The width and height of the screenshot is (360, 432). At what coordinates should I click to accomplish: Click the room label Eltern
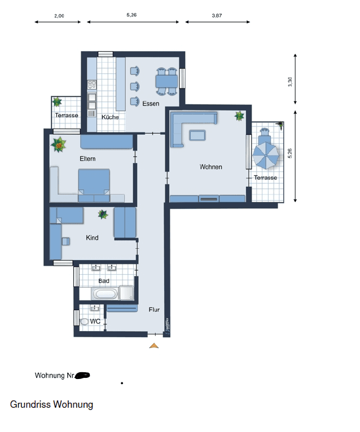[87, 158]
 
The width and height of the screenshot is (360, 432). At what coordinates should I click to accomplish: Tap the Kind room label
[92, 237]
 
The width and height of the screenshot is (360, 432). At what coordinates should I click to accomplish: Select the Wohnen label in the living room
[210, 167]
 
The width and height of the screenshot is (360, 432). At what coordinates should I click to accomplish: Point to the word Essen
[151, 104]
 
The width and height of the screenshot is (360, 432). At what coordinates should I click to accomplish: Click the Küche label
[110, 117]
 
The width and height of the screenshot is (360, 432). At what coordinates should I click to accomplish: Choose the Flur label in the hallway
[154, 310]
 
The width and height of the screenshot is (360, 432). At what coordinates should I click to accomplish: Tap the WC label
[95, 321]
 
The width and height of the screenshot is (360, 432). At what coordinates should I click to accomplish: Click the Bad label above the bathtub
[104, 280]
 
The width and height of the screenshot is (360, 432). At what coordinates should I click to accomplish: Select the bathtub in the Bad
[106, 294]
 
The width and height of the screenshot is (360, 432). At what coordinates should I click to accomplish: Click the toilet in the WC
[85, 321]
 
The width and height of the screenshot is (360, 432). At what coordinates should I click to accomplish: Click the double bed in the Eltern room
[94, 185]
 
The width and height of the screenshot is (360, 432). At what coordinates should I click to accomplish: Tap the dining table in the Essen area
[166, 81]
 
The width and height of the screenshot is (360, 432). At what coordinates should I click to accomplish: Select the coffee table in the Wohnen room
[198, 135]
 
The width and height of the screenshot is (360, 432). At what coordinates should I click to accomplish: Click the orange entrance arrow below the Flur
[154, 345]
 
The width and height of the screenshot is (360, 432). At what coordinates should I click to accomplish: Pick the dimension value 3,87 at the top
[217, 16]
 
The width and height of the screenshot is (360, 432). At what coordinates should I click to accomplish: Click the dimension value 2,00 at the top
[59, 16]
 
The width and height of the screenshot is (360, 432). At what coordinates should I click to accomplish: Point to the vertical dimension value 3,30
[290, 81]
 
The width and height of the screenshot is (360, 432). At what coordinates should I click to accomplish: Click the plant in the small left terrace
[57, 102]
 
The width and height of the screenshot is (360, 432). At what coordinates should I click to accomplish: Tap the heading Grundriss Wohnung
[51, 404]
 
